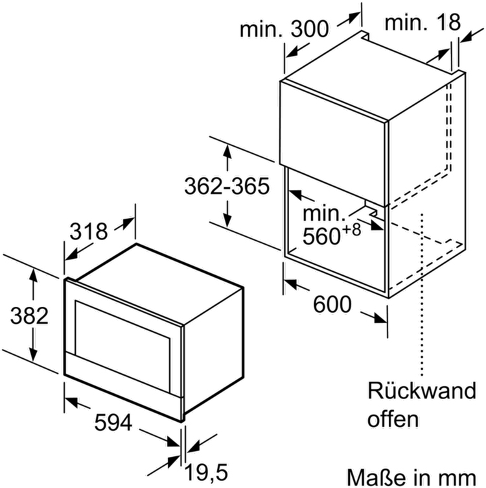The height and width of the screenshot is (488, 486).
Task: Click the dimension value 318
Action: coord(89,231)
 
